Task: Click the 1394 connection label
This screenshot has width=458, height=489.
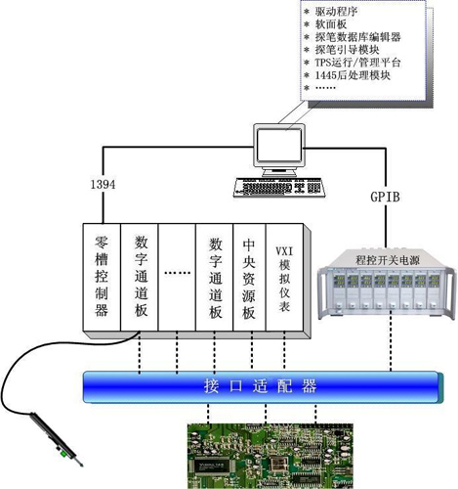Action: (103, 185)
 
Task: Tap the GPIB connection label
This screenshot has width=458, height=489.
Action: (385, 197)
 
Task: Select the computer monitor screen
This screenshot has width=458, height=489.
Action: (278, 145)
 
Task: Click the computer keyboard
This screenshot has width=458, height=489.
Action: (279, 188)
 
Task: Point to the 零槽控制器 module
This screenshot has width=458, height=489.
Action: (102, 277)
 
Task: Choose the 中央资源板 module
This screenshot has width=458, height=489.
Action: (249, 277)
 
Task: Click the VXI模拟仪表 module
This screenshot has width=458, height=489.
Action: (284, 277)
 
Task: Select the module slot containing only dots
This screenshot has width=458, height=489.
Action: (177, 277)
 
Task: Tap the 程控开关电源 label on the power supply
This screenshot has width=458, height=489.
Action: (388, 260)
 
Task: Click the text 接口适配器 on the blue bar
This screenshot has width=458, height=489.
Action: (261, 386)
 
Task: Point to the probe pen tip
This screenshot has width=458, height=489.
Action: (81, 465)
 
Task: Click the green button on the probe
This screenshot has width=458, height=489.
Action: (63, 454)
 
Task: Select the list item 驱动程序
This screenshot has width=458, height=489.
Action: (337, 12)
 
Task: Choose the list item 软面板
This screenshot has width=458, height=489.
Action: (331, 24)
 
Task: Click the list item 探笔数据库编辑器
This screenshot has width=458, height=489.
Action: (357, 37)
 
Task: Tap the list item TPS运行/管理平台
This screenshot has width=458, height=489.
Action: (357, 63)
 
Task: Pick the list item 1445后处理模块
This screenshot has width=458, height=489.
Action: (353, 75)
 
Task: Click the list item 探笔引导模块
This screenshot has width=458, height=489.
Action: (347, 50)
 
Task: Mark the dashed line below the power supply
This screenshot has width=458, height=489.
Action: (391, 345)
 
